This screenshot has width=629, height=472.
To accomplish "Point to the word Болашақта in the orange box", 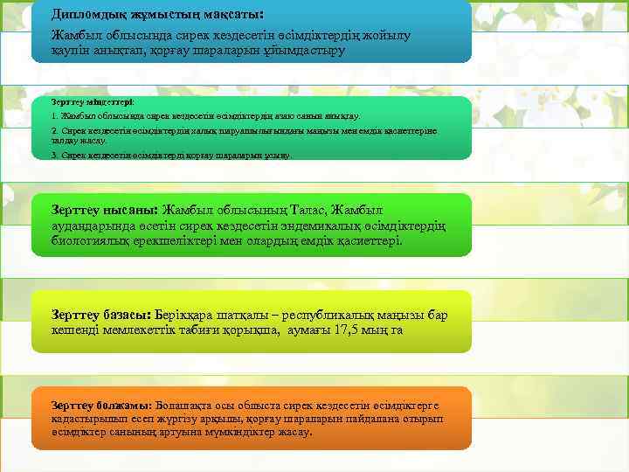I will point(186,406).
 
